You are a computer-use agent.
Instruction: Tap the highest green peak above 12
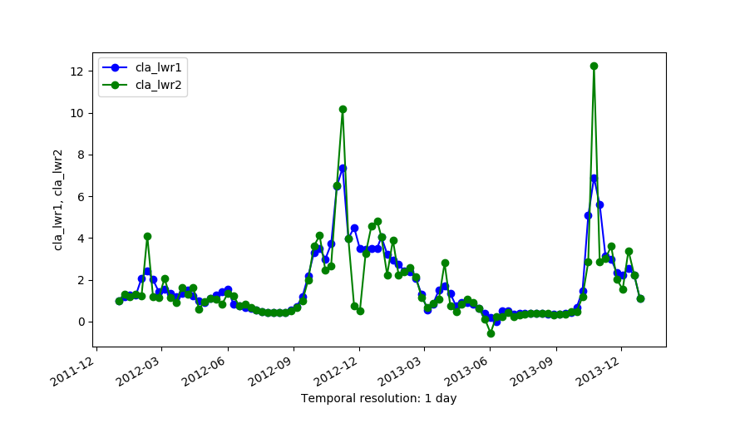click(594, 66)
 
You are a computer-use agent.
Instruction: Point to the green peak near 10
click(343, 109)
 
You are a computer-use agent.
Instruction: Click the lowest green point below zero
click(491, 333)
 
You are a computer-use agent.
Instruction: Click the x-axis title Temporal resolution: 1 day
click(378, 398)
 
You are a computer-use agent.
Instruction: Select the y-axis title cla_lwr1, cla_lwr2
click(58, 199)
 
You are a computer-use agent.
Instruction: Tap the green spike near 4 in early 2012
click(147, 236)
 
